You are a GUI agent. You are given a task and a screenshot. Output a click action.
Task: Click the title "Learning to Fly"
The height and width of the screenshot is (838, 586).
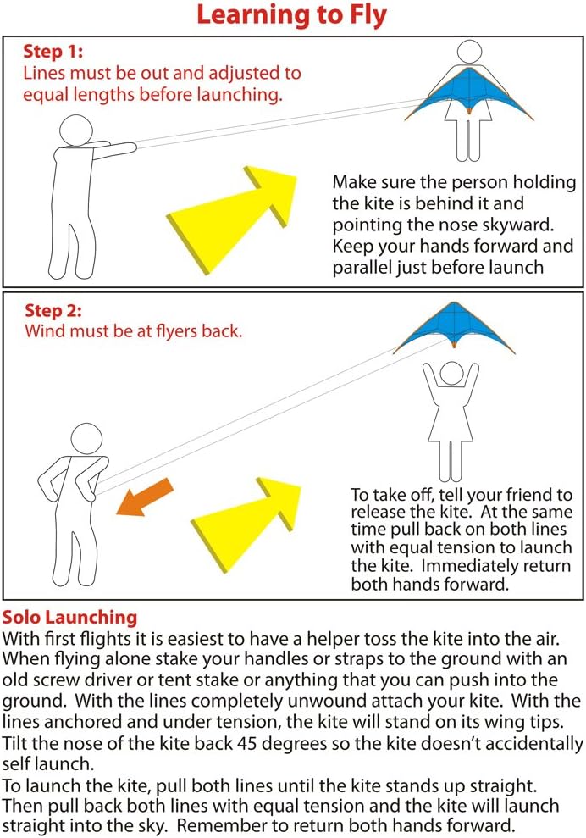[x=291, y=15]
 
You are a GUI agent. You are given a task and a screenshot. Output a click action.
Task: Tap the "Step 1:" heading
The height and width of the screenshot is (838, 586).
[x=53, y=52]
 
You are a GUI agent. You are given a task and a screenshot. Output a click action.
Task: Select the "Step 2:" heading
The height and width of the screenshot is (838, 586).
[x=53, y=310]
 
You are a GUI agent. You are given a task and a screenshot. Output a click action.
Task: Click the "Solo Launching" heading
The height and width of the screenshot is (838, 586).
[x=70, y=618]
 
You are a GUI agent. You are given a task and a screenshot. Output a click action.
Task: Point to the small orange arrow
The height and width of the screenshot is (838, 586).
[x=144, y=497]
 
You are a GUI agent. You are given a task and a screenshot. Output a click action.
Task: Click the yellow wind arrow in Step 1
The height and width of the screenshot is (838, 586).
[x=231, y=219]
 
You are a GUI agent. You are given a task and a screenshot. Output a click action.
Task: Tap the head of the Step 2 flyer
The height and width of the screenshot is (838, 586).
[x=86, y=439]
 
